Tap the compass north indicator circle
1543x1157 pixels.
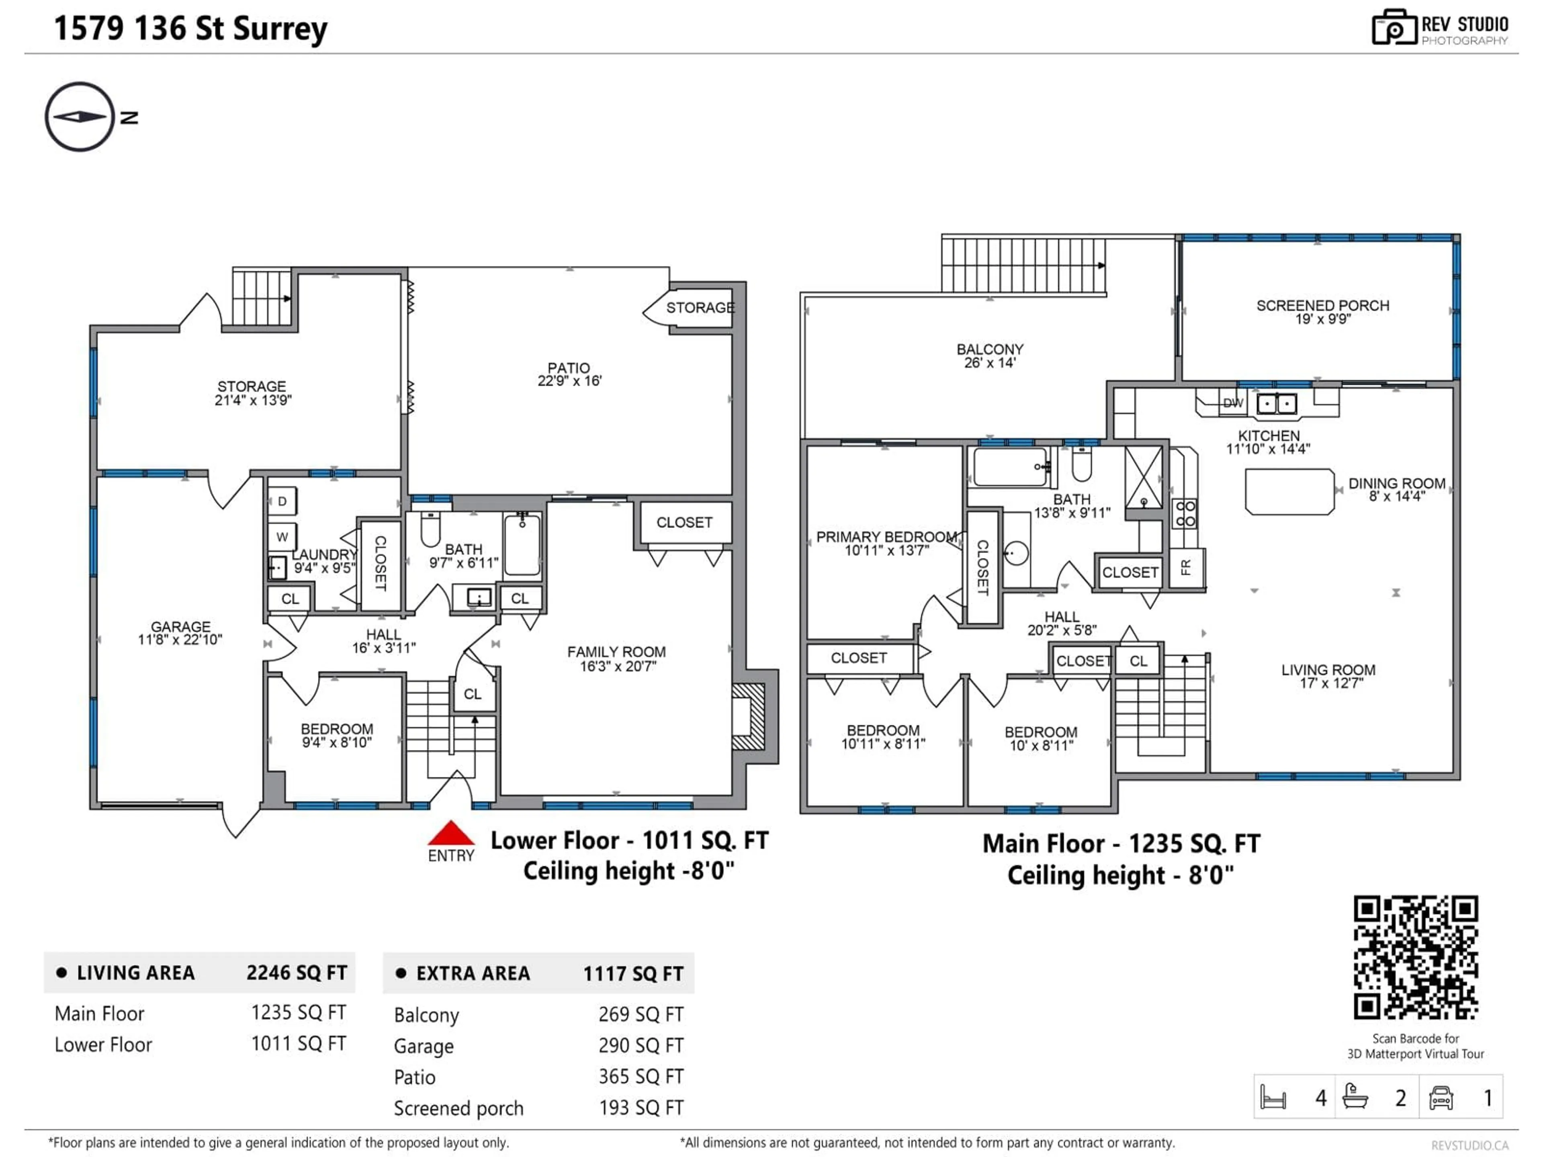point(80,117)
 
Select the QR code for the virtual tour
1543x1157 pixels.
point(1415,957)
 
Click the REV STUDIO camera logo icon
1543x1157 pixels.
point(1393,28)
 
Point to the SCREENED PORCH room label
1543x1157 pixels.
point(1322,305)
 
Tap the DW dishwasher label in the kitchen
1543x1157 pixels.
point(1232,403)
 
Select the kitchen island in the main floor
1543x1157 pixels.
point(1289,492)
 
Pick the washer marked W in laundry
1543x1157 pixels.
point(282,536)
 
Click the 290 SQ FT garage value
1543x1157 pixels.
point(641,1045)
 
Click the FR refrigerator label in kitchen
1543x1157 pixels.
point(1186,567)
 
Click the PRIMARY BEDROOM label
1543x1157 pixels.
point(886,536)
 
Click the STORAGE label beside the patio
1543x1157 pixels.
point(700,308)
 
